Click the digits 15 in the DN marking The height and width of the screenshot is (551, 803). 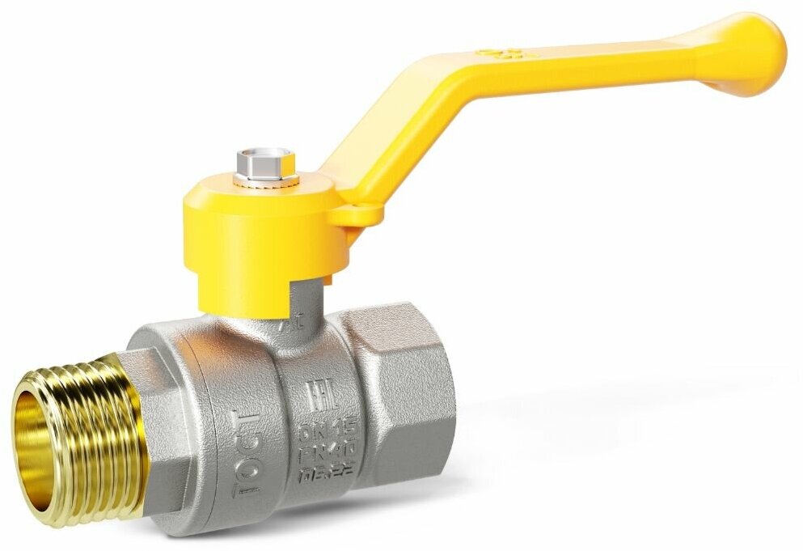[339, 426]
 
